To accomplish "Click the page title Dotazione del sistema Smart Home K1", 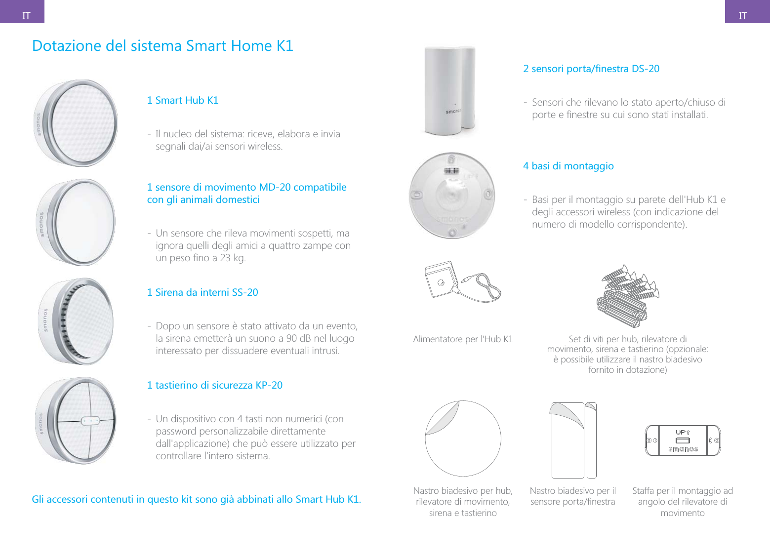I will point(162,46).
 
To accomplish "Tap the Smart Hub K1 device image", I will point(76,123).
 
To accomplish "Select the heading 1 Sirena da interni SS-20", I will point(203,292).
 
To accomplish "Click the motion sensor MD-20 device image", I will point(76,222).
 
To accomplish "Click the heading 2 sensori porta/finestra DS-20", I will point(591,69).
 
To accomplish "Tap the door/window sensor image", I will point(449,90).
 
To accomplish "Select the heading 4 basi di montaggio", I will point(568,166).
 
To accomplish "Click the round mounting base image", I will point(451,196).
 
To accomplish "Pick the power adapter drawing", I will point(461,282).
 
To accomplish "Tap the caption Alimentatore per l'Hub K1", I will point(463,339).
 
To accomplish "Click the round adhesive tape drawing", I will point(463,438).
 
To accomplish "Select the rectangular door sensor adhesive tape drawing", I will point(573,440).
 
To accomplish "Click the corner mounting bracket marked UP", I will point(683,440).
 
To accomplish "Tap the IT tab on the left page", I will point(26,16).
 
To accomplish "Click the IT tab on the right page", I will point(742,16).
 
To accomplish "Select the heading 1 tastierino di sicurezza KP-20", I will point(215,385).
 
